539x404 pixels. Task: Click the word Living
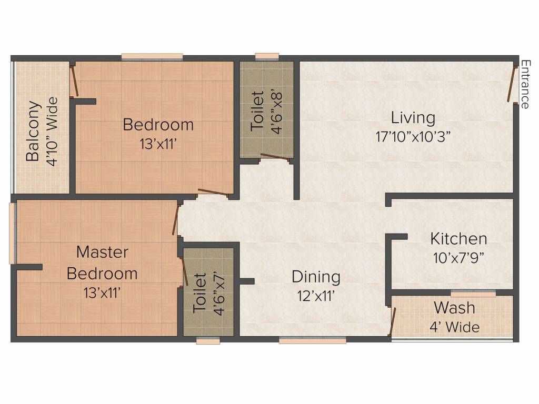click(x=413, y=118)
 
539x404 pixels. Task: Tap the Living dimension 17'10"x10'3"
click(x=413, y=137)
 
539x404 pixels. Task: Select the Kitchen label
click(x=458, y=239)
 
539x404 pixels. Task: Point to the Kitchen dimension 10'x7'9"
click(x=458, y=258)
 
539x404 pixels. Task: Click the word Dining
click(x=316, y=277)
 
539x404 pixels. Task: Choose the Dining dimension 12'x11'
click(x=316, y=296)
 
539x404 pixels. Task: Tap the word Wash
click(x=454, y=307)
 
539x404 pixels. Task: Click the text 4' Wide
click(x=454, y=326)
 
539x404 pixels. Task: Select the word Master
click(x=102, y=252)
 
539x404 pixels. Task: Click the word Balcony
click(x=33, y=131)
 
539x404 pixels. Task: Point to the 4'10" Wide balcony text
click(x=52, y=132)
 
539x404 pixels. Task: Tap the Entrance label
click(x=525, y=85)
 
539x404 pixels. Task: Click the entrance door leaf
click(x=511, y=84)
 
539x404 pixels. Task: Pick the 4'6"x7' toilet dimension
click(x=219, y=294)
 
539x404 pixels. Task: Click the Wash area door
click(x=392, y=321)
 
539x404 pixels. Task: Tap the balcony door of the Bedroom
click(x=74, y=81)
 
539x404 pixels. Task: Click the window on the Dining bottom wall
click(x=313, y=340)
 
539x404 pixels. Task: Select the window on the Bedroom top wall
click(x=152, y=57)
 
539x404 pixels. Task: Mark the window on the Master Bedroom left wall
click(x=13, y=234)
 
